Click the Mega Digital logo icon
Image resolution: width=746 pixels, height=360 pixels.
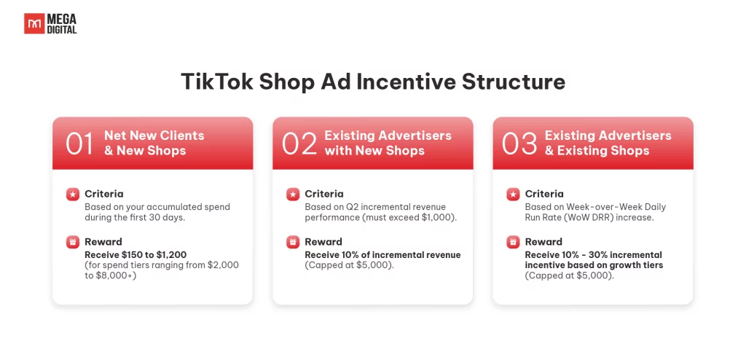pos(34,23)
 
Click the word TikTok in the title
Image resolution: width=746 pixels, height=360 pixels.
pos(216,82)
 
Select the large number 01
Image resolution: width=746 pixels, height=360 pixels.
pos(79,144)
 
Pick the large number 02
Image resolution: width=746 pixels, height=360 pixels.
pos(299,144)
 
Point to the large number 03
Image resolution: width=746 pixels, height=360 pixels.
pos(519,144)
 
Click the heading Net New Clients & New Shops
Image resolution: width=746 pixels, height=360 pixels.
pos(154,143)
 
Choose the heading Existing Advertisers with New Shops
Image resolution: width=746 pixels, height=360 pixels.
pos(388,143)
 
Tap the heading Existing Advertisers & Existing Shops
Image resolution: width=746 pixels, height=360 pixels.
pos(608,143)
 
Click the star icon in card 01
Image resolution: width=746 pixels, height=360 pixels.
pos(73,195)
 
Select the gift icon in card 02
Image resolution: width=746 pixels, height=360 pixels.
pos(293,242)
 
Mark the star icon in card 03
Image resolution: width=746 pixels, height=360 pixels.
pos(513,195)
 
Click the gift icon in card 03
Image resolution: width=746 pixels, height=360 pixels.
pos(513,242)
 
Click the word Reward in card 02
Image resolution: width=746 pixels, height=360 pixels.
pos(323,241)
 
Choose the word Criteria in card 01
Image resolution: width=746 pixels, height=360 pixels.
pos(103,194)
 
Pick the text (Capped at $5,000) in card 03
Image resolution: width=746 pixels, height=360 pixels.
pos(570,275)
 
